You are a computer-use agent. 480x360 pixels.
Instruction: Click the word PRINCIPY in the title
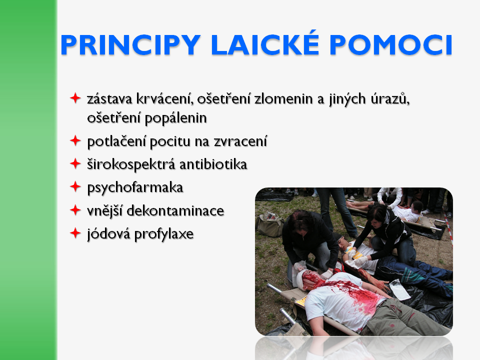coord(130,45)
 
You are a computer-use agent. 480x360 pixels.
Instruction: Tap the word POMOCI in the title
coord(391,45)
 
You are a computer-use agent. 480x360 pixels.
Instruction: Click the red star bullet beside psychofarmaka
coord(75,186)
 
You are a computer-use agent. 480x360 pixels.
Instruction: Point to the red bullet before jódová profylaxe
coord(75,233)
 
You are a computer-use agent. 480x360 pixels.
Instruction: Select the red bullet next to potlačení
coord(75,140)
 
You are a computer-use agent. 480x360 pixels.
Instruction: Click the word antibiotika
coord(213,164)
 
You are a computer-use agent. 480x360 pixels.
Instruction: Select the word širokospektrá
coord(131,165)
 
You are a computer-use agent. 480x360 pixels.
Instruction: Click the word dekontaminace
coord(175,211)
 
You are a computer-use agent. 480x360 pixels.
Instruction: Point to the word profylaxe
coord(164,234)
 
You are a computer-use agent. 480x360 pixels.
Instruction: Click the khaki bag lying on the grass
coord(270,224)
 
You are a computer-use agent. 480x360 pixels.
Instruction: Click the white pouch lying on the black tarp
coord(400,289)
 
